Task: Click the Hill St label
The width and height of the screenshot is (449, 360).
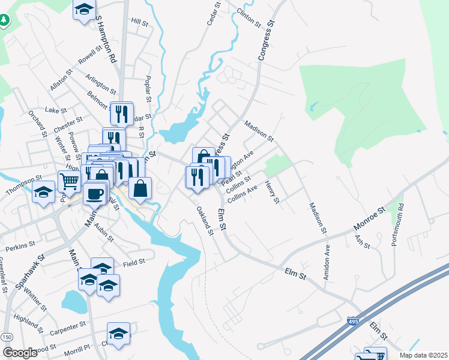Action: [x=139, y=22]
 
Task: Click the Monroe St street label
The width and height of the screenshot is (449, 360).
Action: [x=372, y=218]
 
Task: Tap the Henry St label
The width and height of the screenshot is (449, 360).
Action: [x=272, y=192]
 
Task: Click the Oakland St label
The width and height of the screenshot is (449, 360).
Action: [x=205, y=221]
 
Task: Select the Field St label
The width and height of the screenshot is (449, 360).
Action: [x=134, y=262]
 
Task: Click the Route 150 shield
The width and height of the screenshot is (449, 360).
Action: [x=7, y=338]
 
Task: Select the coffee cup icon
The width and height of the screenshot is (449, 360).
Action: [x=94, y=193]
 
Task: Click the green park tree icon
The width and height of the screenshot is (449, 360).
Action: [x=5, y=20]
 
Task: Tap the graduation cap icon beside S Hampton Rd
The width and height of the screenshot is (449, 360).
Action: [x=85, y=8]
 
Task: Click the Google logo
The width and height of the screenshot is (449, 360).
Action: [x=20, y=352]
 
